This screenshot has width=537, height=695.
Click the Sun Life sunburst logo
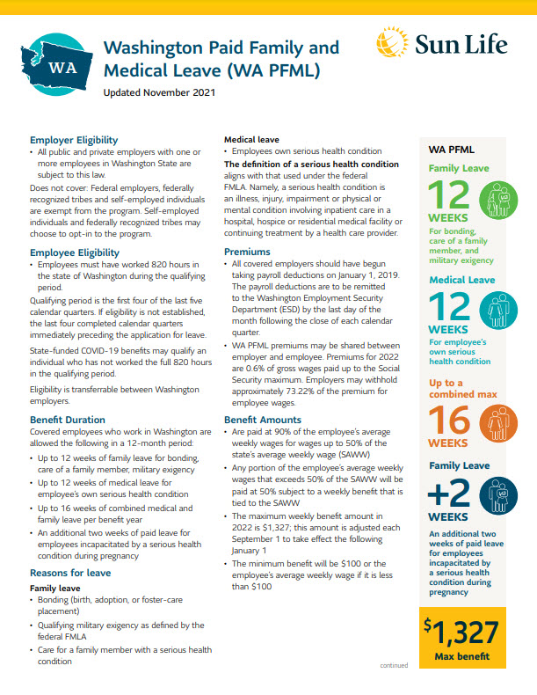pyautogui.click(x=390, y=42)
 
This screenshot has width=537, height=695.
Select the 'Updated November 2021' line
pyautogui.click(x=158, y=92)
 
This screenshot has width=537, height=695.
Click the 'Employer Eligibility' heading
pyautogui.click(x=74, y=140)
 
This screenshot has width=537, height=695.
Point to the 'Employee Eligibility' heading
pyautogui.click(x=75, y=252)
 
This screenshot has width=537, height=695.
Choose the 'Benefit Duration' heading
pyautogui.click(x=68, y=420)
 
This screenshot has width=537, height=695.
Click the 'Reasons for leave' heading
pyautogui.click(x=70, y=573)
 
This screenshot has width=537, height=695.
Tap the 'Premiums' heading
pyautogui.click(x=248, y=252)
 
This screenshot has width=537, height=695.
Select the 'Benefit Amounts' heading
pyautogui.click(x=263, y=420)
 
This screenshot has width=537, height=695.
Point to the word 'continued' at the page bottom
pyautogui.click(x=393, y=666)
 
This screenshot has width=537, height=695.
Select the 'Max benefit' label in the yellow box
pyautogui.click(x=461, y=656)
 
